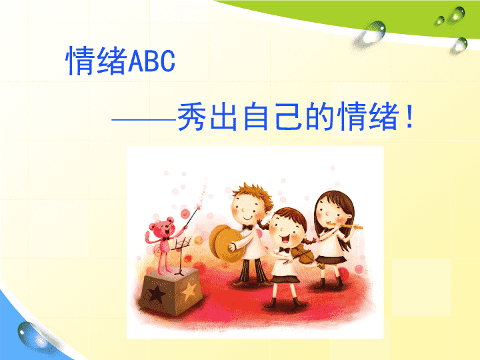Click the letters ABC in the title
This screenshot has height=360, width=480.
tap(151, 61)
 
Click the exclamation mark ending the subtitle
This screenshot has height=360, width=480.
tap(409, 116)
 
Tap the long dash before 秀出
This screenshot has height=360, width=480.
tap(144, 120)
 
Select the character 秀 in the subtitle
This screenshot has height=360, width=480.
tap(191, 117)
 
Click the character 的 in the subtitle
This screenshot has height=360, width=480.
tap(319, 117)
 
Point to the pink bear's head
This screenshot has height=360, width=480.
tap(162, 227)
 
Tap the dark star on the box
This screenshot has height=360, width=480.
tap(157, 294)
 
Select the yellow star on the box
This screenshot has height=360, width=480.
tap(189, 291)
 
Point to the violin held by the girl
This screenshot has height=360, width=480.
tap(304, 255)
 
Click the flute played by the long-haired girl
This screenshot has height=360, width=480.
tap(345, 226)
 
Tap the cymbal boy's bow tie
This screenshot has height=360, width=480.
tap(247, 227)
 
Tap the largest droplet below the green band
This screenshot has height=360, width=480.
tap(371, 32)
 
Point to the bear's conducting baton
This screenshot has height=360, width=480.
tap(193, 217)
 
